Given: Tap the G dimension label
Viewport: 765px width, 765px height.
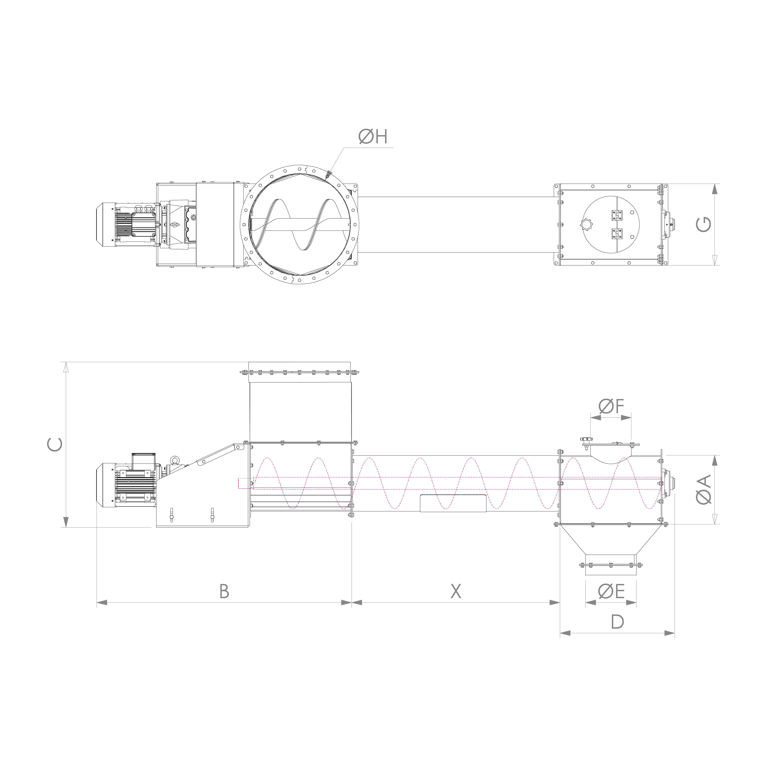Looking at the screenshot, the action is click(x=703, y=224).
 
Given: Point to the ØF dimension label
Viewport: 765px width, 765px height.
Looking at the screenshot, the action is click(x=611, y=406).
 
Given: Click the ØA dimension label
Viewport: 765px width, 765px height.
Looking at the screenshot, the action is click(x=704, y=490).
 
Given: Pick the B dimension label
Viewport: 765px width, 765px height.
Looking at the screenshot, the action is click(x=224, y=591).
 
